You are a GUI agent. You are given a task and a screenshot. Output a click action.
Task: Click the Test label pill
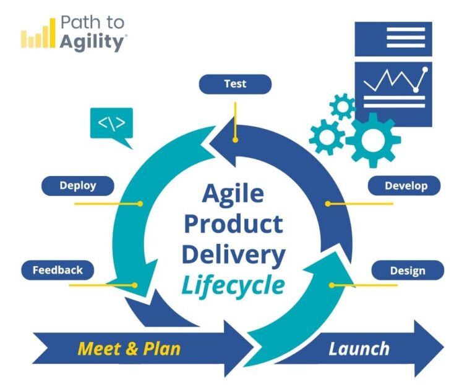point(235,84)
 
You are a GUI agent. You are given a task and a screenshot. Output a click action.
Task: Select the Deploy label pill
point(78,185)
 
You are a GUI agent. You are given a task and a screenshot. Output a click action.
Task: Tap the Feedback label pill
point(57,270)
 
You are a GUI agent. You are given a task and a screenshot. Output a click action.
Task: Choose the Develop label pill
point(405,185)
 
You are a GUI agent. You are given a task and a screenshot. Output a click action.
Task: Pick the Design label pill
point(407,270)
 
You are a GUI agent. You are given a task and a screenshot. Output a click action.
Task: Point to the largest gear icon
point(373,140)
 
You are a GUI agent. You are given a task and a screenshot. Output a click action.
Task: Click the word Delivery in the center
point(233,254)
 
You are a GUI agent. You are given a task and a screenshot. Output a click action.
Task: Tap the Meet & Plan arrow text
point(129,348)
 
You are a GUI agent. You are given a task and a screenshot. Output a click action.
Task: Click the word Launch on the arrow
point(359,348)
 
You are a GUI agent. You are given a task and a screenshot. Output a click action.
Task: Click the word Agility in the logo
point(93,42)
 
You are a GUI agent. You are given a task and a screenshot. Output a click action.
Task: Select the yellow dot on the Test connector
point(235,140)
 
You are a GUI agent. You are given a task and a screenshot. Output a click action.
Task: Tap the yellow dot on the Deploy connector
point(140,203)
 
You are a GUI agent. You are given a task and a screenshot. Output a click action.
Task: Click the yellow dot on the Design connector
point(332,285)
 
